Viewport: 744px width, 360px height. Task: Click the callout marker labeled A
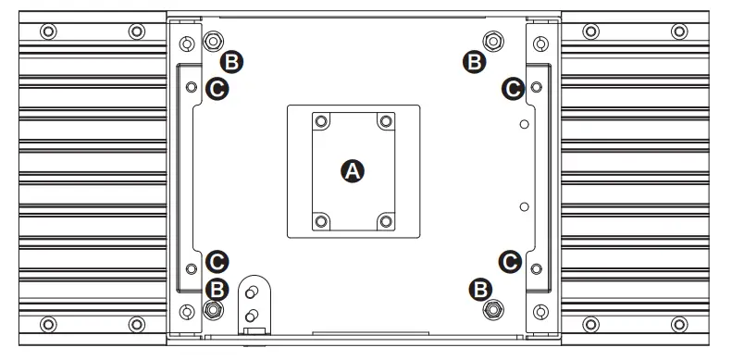[353, 170]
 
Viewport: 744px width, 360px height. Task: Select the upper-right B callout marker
[474, 62]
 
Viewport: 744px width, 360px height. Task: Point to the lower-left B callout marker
[216, 289]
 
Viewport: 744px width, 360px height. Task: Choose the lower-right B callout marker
[480, 289]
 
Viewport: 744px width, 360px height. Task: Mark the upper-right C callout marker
[512, 88]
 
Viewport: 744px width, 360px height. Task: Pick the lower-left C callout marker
[217, 261]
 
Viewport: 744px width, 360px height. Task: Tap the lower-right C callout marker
[508, 261]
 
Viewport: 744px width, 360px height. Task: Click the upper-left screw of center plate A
[321, 121]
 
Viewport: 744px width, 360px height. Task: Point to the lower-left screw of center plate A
[321, 220]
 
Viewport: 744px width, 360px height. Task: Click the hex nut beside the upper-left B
[213, 42]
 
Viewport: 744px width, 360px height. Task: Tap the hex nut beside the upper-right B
[493, 42]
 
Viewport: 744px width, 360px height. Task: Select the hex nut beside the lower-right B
[493, 309]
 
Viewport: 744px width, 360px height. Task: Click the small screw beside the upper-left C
[191, 87]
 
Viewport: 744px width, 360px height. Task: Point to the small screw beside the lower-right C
[535, 267]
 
